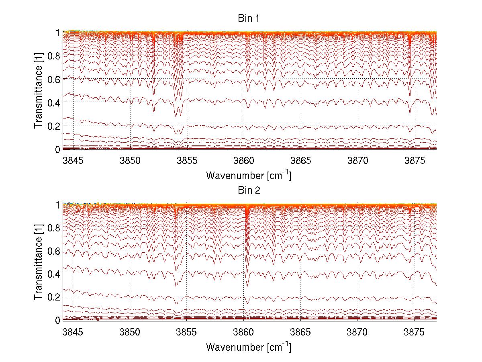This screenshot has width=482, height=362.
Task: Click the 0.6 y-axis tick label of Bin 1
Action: pos(54,79)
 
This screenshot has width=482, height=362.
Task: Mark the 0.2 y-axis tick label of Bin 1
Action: pos(54,126)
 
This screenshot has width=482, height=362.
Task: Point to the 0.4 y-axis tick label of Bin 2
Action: pos(54,274)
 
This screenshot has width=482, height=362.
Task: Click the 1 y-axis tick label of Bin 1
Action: pos(58,33)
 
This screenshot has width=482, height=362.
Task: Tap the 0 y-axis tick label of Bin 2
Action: pos(58,320)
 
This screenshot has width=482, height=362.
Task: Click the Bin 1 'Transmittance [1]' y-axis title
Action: pos(39,90)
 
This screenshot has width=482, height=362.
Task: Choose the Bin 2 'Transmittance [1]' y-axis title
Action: pos(39,262)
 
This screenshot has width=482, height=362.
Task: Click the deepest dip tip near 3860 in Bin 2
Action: pos(247,286)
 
